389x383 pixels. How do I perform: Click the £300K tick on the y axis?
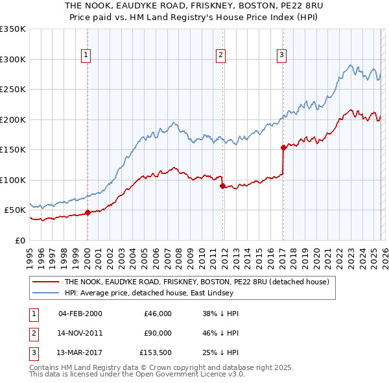(x=13, y=59)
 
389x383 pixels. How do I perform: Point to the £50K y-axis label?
(x=15, y=210)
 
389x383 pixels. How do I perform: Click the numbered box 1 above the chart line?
(x=87, y=55)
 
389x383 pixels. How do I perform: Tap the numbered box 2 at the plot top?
(x=221, y=55)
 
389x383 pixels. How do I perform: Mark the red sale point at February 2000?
(x=88, y=212)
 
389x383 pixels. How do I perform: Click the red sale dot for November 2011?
(x=222, y=186)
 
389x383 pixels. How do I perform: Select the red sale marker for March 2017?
(x=283, y=147)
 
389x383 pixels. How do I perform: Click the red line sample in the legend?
(x=46, y=282)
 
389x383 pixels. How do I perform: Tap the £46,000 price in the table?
(x=158, y=314)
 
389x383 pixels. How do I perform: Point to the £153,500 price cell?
(x=156, y=352)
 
